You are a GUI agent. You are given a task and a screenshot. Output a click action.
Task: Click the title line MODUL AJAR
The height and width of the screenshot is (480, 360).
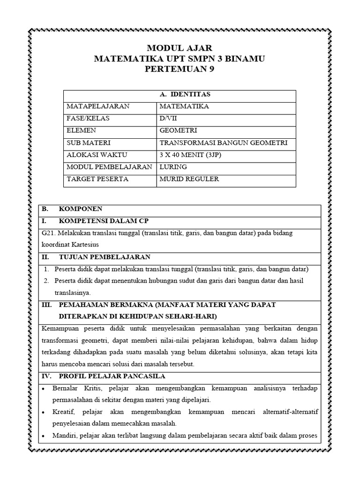(x=180, y=48)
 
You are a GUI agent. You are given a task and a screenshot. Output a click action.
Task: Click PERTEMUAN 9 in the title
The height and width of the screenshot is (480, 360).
(x=180, y=69)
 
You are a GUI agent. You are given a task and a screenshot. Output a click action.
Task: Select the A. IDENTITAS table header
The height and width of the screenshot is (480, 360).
(x=180, y=95)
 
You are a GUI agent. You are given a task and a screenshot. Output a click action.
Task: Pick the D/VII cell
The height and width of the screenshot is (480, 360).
(x=169, y=119)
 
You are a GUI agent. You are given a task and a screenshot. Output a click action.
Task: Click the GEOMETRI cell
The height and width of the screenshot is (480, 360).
(x=178, y=131)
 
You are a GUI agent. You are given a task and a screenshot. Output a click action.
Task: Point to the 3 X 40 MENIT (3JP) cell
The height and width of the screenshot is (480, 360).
(x=192, y=155)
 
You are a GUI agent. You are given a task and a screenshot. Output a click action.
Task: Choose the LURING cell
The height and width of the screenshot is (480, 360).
(x=173, y=167)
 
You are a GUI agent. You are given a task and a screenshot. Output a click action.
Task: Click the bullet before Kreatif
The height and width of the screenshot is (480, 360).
(x=43, y=412)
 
